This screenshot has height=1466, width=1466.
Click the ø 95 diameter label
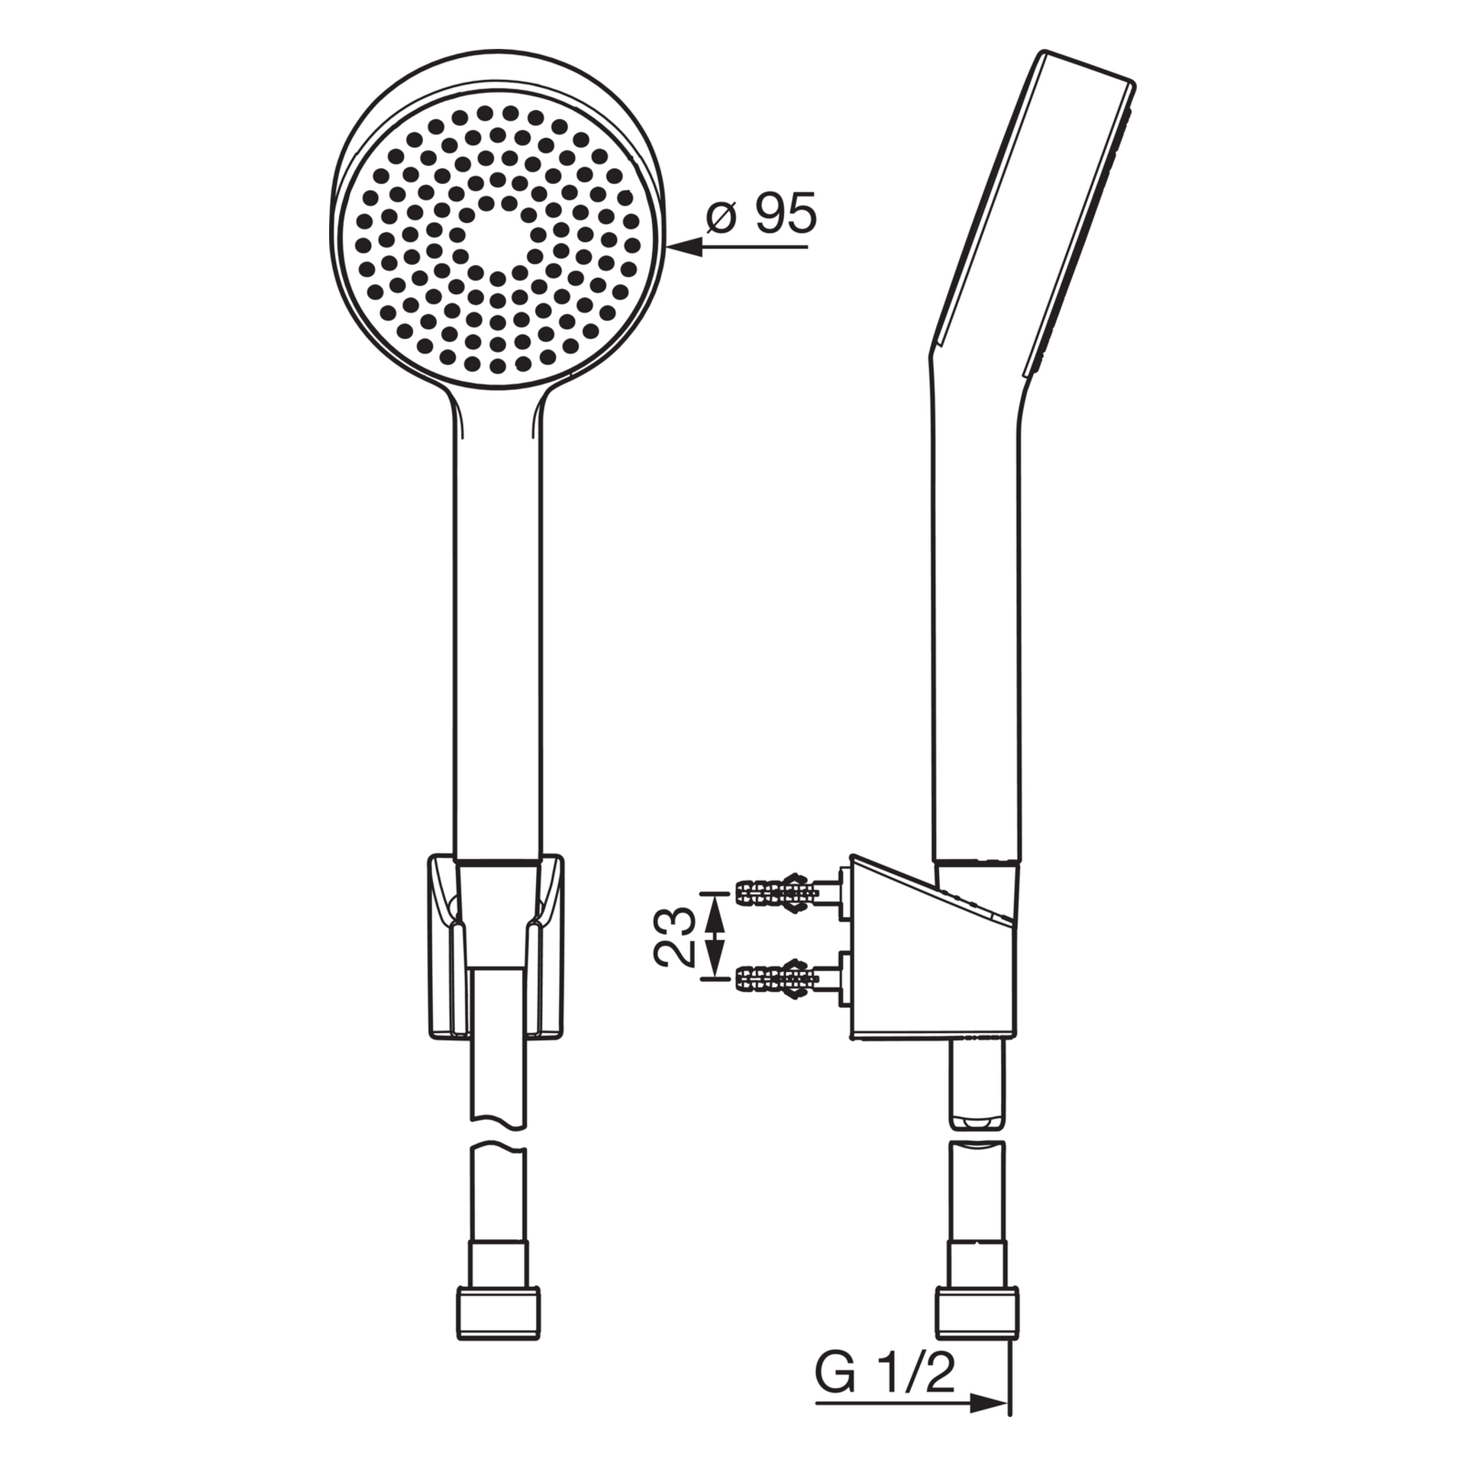pyautogui.click(x=761, y=214)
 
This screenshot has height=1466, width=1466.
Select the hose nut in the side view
pyautogui.click(x=977, y=1312)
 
